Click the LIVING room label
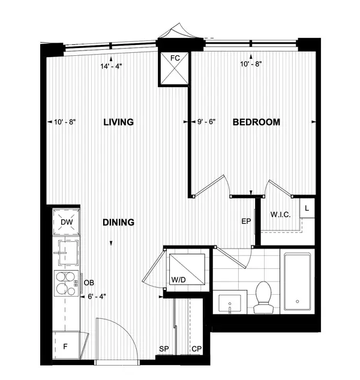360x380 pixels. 118,122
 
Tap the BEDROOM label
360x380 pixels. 256,122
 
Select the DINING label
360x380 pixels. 118,222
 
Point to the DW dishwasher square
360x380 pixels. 68,222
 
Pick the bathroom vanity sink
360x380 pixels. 232,304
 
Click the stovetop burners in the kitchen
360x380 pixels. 68,282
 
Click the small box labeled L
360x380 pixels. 307,209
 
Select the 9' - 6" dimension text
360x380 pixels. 206,122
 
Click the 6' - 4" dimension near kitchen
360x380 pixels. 97,295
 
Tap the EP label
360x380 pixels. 245,222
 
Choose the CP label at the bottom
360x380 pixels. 196,349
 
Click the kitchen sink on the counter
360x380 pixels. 68,252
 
